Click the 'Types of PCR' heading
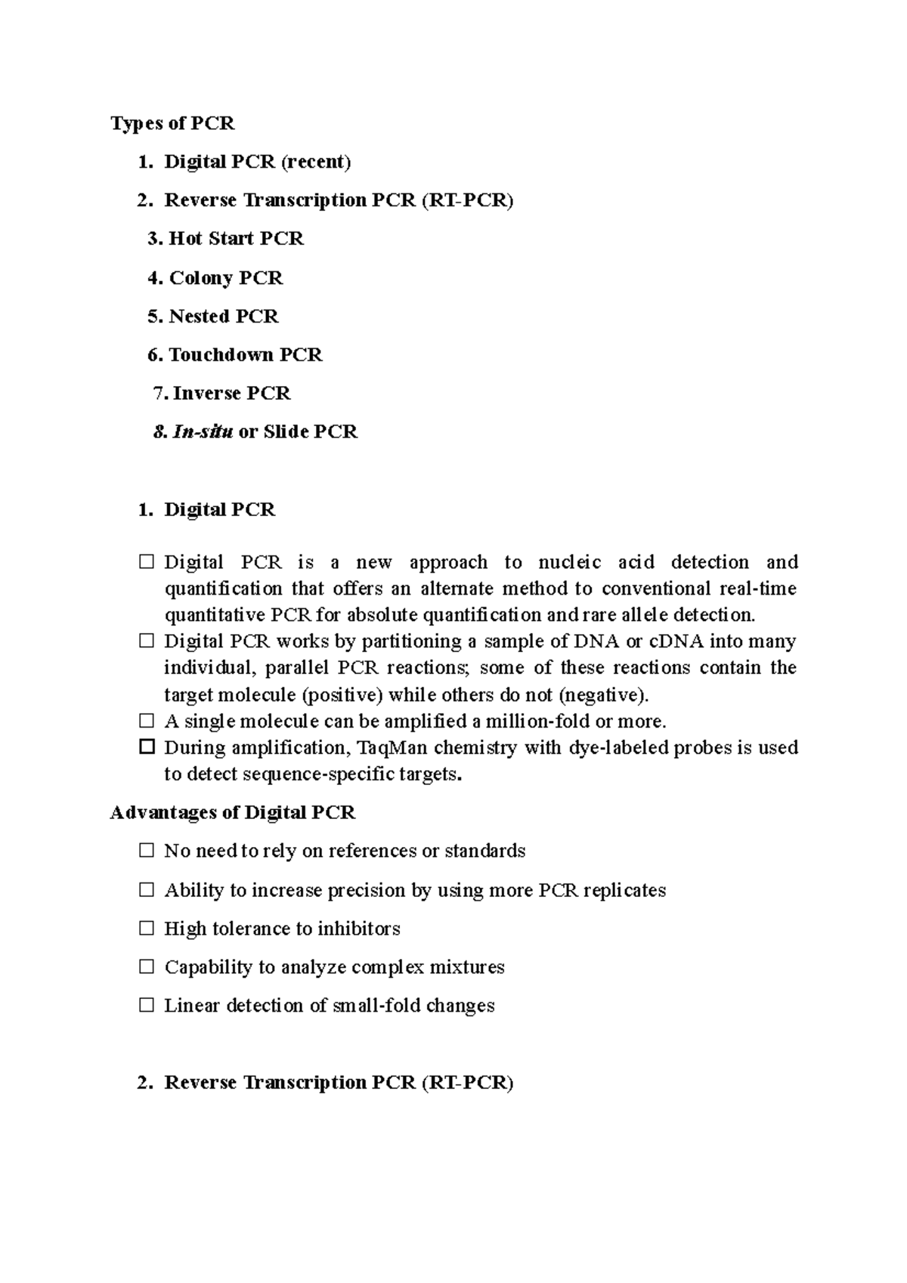[x=172, y=123]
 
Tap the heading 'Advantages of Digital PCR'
[x=232, y=813]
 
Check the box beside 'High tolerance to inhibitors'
[x=147, y=928]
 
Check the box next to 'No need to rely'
[x=147, y=851]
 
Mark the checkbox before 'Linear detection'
[x=147, y=1006]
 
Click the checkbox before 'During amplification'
[x=147, y=747]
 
